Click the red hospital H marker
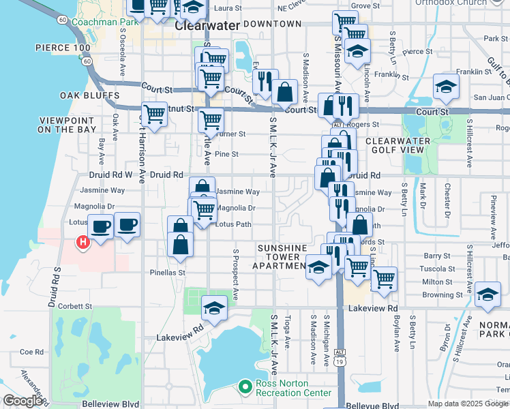(x=83, y=242)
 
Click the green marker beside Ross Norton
(x=245, y=388)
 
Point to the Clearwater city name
(x=207, y=26)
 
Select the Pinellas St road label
(x=168, y=273)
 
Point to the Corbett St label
(x=75, y=307)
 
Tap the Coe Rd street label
(x=31, y=352)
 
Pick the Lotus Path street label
(x=233, y=224)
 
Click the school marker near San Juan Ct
(x=446, y=87)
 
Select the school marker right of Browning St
(x=487, y=294)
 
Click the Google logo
(x=22, y=402)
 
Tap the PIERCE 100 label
(x=63, y=48)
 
